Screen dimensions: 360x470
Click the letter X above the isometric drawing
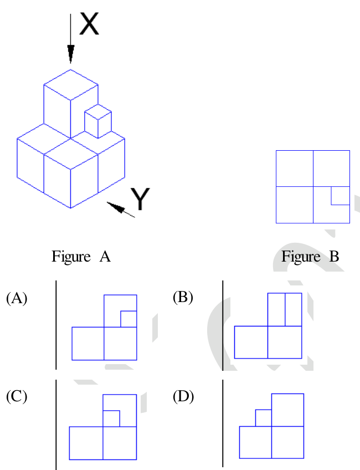tap(89, 24)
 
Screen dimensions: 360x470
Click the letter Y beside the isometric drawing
tap(140, 198)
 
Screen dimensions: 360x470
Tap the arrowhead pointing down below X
tap(71, 54)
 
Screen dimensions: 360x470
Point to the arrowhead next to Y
tap(116, 207)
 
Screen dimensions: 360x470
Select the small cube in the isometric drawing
tap(98, 121)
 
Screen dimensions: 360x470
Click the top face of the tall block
tap(71, 85)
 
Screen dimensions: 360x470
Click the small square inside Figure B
tap(340, 196)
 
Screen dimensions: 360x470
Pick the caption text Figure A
tap(81, 257)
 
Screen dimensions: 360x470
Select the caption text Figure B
tap(310, 257)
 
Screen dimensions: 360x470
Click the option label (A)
tap(17, 298)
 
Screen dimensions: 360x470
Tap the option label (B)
tap(183, 298)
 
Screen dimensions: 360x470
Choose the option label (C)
tap(17, 397)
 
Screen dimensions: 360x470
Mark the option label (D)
tap(183, 397)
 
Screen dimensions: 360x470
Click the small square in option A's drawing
tap(128, 319)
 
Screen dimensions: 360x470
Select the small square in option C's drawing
tap(111, 418)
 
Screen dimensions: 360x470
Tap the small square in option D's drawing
tap(264, 418)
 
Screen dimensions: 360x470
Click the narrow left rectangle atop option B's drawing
tap(276, 309)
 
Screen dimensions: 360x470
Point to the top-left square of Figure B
tap(295, 168)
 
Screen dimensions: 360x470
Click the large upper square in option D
tap(287, 410)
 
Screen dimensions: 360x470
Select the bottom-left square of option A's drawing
tap(88, 344)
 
